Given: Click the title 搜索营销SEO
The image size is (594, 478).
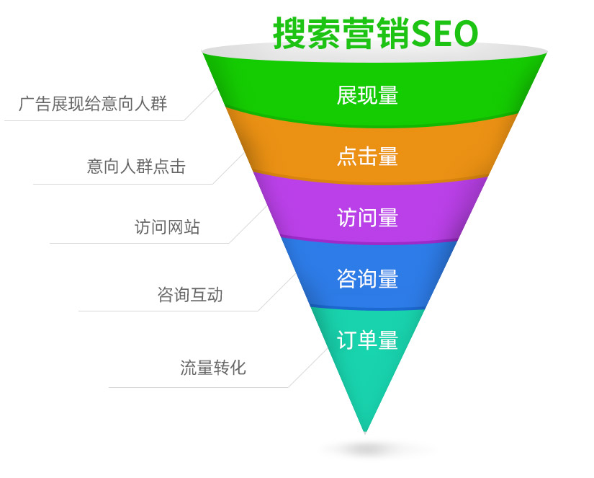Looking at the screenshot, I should [x=375, y=33].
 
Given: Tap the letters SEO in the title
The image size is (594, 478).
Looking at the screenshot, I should [x=446, y=33].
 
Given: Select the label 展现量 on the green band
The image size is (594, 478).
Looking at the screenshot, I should [x=367, y=95].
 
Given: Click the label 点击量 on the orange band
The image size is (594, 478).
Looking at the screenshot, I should [x=367, y=156].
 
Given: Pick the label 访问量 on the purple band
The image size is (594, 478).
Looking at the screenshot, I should [x=367, y=217].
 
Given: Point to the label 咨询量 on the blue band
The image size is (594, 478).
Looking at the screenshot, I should [x=367, y=278].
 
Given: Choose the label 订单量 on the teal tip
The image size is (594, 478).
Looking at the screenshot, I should [x=367, y=339].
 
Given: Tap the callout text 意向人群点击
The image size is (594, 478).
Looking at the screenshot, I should [x=136, y=167].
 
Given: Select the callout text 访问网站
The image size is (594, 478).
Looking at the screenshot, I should [x=167, y=227].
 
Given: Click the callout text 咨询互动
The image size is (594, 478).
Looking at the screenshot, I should [x=190, y=295].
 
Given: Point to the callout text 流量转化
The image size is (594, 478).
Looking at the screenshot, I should [x=213, y=368].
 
